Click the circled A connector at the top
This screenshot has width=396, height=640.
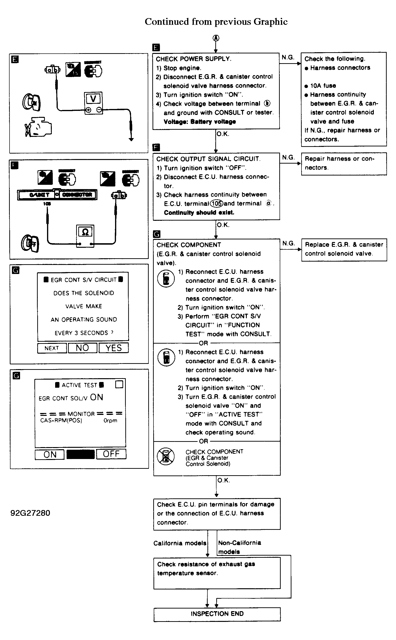click(x=216, y=38)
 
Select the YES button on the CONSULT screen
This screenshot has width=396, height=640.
click(x=114, y=348)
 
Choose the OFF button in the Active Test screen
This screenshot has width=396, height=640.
click(x=111, y=454)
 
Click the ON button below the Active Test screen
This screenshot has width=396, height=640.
click(x=50, y=454)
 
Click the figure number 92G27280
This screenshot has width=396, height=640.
click(x=30, y=513)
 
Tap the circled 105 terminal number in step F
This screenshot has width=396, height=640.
click(x=216, y=204)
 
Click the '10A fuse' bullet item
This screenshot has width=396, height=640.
click(x=323, y=86)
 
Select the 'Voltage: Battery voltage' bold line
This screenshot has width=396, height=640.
click(x=200, y=122)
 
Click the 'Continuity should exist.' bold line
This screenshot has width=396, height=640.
click(x=199, y=212)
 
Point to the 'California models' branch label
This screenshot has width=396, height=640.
click(x=180, y=543)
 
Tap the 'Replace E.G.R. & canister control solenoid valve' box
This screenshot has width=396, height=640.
click(x=344, y=249)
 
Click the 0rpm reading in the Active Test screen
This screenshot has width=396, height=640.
click(x=110, y=421)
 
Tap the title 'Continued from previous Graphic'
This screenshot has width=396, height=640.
click(x=216, y=21)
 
